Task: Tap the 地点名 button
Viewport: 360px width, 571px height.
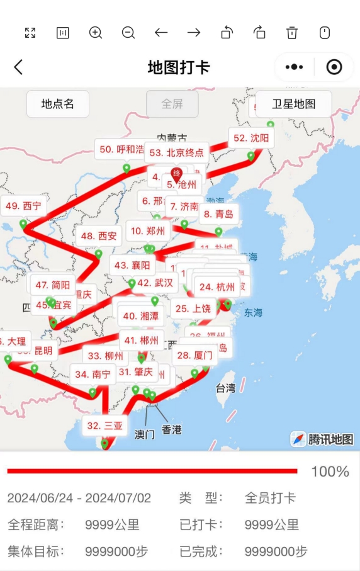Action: (x=58, y=105)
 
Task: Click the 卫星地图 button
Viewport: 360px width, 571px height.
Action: (x=293, y=105)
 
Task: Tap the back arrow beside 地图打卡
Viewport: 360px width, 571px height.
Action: (x=18, y=67)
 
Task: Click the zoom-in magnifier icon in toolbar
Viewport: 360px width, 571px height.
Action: (x=96, y=33)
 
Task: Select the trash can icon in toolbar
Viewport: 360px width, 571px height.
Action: (x=292, y=33)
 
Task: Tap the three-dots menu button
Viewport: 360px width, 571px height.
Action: (x=294, y=67)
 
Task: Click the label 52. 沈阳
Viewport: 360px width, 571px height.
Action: (x=251, y=138)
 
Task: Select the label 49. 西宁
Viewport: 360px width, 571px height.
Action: (x=24, y=206)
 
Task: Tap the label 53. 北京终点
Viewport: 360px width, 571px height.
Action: (x=177, y=152)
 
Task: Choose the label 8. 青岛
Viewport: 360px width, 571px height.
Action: (x=218, y=214)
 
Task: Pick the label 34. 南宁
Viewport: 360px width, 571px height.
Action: (x=93, y=375)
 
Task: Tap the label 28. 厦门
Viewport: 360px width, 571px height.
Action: (x=194, y=356)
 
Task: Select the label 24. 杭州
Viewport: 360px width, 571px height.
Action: (x=217, y=287)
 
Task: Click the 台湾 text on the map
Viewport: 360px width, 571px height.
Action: (x=225, y=388)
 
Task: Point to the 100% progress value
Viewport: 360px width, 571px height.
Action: (x=330, y=472)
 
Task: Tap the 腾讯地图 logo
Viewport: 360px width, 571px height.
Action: (x=322, y=439)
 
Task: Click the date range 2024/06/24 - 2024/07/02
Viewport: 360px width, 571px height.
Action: (x=79, y=498)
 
